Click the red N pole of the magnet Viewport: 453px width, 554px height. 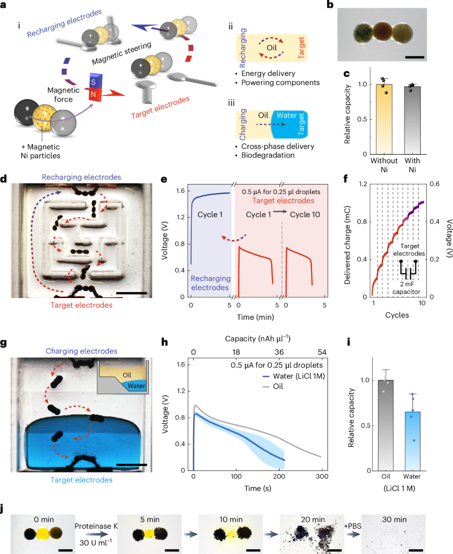(94, 94)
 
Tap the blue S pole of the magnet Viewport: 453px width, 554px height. (94, 82)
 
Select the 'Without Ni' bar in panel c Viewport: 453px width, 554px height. (384, 119)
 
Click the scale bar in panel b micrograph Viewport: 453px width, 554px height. (414, 57)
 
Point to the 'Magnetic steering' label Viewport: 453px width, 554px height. (122, 53)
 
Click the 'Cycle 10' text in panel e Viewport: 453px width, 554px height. (305, 214)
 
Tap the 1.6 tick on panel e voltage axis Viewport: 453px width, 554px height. (180, 191)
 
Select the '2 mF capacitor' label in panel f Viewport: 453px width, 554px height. (406, 288)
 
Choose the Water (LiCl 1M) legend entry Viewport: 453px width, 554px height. (294, 376)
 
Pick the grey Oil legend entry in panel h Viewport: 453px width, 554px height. (273, 387)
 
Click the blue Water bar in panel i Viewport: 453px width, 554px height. (413, 441)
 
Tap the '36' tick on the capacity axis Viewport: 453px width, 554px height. (279, 352)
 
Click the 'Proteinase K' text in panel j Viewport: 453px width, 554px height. (96, 526)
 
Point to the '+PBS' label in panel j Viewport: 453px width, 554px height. (352, 526)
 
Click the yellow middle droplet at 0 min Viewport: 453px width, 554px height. (43, 534)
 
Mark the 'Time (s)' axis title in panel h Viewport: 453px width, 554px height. (258, 488)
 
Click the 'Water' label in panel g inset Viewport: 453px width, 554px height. (136, 386)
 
